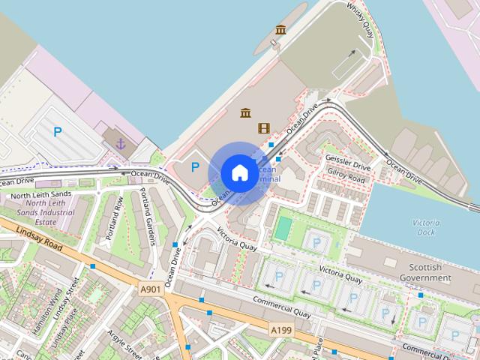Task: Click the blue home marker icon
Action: point(238,173)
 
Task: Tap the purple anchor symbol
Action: point(120,142)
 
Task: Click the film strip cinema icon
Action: point(263,127)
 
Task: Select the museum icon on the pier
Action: point(280,30)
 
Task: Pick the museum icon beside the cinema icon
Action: point(245,113)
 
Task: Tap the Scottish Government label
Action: point(430,273)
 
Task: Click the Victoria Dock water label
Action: point(426,227)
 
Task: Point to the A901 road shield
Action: point(150,289)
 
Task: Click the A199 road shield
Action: point(281,329)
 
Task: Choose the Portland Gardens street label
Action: point(147,217)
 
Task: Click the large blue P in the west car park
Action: point(58,132)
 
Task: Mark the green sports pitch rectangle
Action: point(283,227)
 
